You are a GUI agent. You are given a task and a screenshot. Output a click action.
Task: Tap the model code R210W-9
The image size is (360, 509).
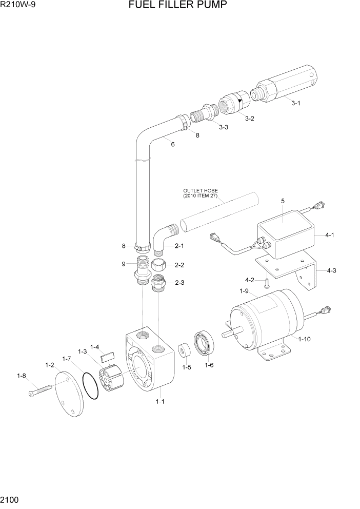point(18,6)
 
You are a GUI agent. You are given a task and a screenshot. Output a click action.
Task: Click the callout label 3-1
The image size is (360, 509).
point(296,103)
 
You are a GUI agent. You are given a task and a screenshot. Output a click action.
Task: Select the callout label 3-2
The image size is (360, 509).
point(250,119)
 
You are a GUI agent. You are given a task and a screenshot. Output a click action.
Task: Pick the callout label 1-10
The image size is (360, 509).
point(305,339)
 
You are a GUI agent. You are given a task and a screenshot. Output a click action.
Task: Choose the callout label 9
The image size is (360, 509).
point(124,264)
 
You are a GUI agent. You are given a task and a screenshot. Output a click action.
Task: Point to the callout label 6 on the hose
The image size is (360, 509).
point(173,145)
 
